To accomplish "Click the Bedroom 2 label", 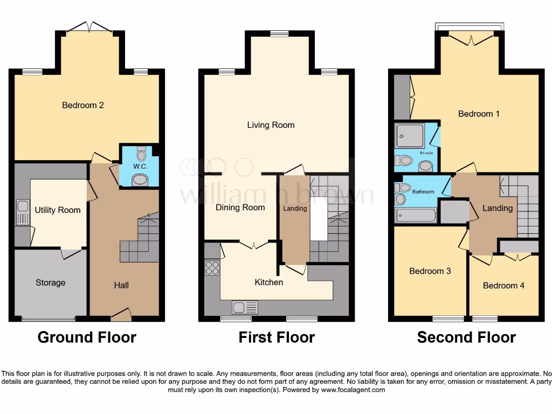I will pyautogui.click(x=83, y=105).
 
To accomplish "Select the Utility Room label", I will pyautogui.click(x=58, y=210).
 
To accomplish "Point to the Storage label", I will pyautogui.click(x=51, y=282).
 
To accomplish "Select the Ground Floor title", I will pyautogui.click(x=87, y=337).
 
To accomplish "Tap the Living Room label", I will pyautogui.click(x=271, y=125).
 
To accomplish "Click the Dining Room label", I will pyautogui.click(x=240, y=208).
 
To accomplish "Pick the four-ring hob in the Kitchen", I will pyautogui.click(x=212, y=268).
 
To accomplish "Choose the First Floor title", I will pyautogui.click(x=277, y=337).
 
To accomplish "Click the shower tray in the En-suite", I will pyautogui.click(x=410, y=135).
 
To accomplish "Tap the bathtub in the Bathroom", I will pyautogui.click(x=416, y=216).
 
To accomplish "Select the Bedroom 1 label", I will pyautogui.click(x=479, y=114).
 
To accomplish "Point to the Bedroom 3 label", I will pyautogui.click(x=430, y=271).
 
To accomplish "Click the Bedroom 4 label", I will pyautogui.click(x=503, y=286).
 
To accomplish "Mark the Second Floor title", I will pyautogui.click(x=466, y=337).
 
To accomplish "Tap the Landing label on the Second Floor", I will pyautogui.click(x=497, y=208).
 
